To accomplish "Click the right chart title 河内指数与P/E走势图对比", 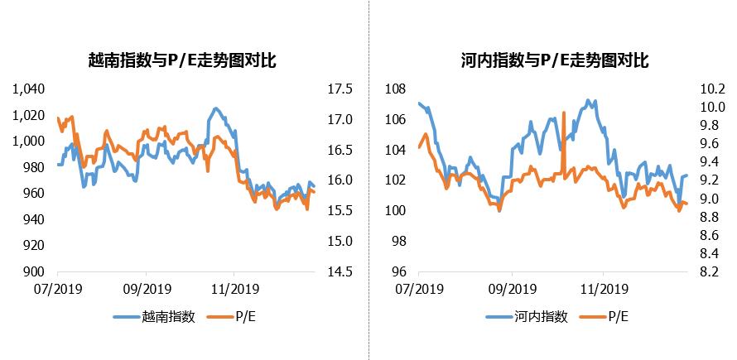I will [554, 60].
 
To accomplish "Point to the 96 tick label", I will [399, 271].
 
